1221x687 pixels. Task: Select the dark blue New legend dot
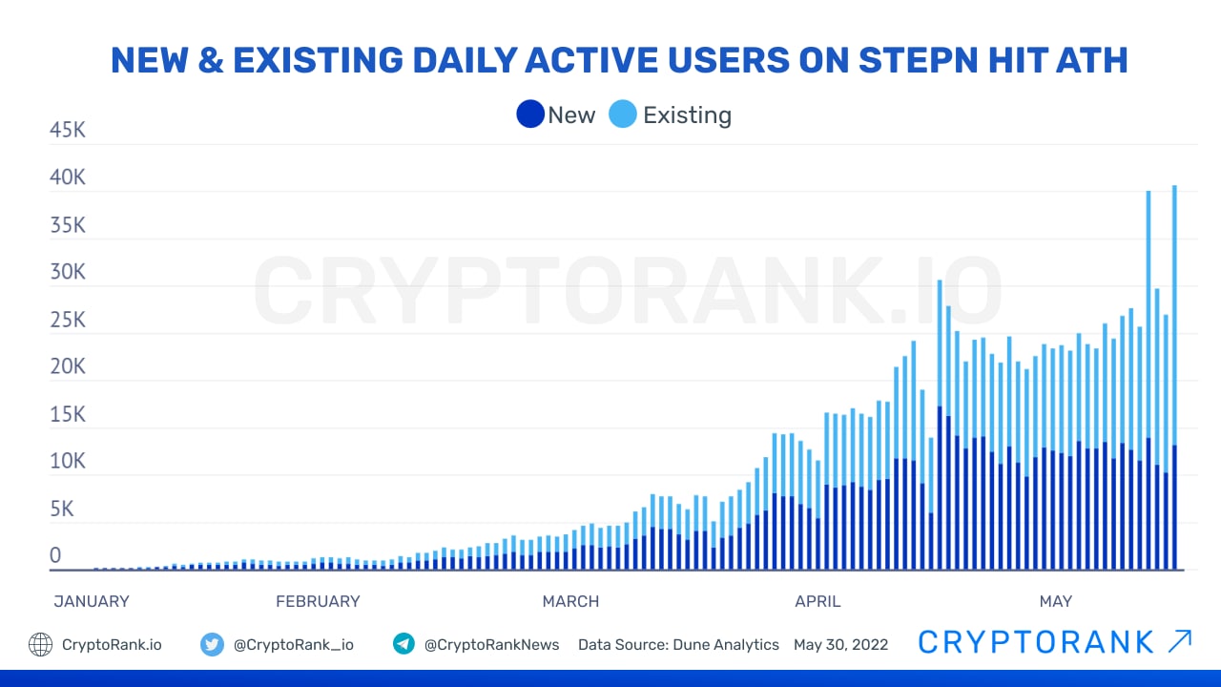tap(529, 114)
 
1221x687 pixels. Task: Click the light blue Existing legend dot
tap(623, 114)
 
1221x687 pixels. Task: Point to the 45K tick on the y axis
tap(68, 130)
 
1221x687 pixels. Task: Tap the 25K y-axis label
tap(68, 320)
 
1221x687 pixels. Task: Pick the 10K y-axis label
tap(68, 461)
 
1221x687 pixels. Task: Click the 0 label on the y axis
tap(55, 555)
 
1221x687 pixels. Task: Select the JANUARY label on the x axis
tap(92, 601)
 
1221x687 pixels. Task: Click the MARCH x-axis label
tap(570, 601)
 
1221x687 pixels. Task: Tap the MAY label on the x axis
tap(1055, 601)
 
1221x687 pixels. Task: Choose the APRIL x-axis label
tap(817, 601)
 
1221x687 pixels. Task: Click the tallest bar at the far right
tap(1174, 382)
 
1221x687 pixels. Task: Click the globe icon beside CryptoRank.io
tap(40, 644)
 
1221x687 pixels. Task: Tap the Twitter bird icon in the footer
tap(212, 644)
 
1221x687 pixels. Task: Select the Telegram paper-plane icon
tap(404, 644)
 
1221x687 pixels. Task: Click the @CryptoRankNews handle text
tap(491, 645)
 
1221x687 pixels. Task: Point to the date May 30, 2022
tap(840, 645)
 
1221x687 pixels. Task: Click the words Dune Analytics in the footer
tap(726, 645)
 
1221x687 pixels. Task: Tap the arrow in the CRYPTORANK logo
tap(1179, 641)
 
